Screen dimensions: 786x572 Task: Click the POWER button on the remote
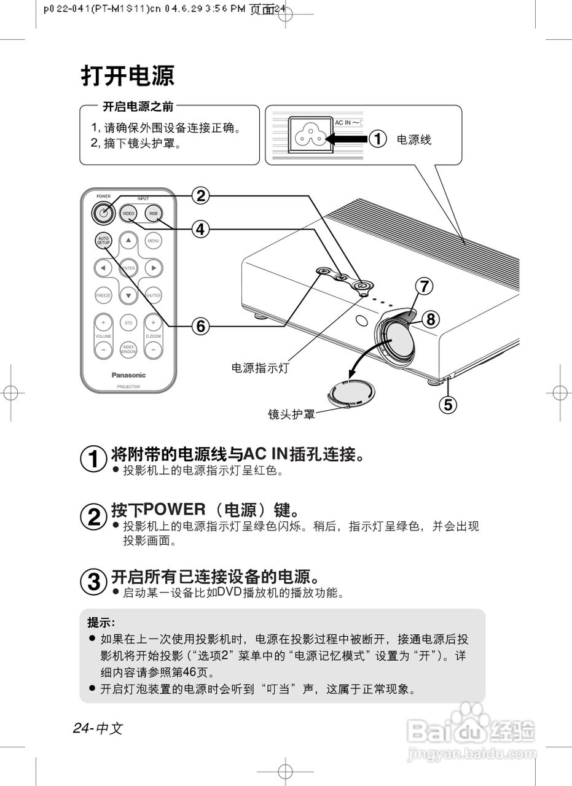tap(103, 213)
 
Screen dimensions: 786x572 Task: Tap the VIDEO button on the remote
tap(128, 214)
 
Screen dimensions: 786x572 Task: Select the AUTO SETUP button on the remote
tap(103, 241)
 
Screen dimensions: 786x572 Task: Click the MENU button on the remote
tap(153, 241)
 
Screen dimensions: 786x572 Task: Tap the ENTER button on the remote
tap(128, 268)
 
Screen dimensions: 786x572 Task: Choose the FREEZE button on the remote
tap(103, 295)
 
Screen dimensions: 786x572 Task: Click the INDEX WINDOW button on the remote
tap(128, 349)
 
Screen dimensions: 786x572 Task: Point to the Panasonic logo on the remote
tap(128, 375)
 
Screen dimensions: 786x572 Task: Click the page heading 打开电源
tap(128, 76)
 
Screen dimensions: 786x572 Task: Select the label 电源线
tap(413, 140)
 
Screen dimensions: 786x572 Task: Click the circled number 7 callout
tap(424, 286)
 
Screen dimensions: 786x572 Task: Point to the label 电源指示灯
tap(259, 368)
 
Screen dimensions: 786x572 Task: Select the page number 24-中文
tap(98, 728)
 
